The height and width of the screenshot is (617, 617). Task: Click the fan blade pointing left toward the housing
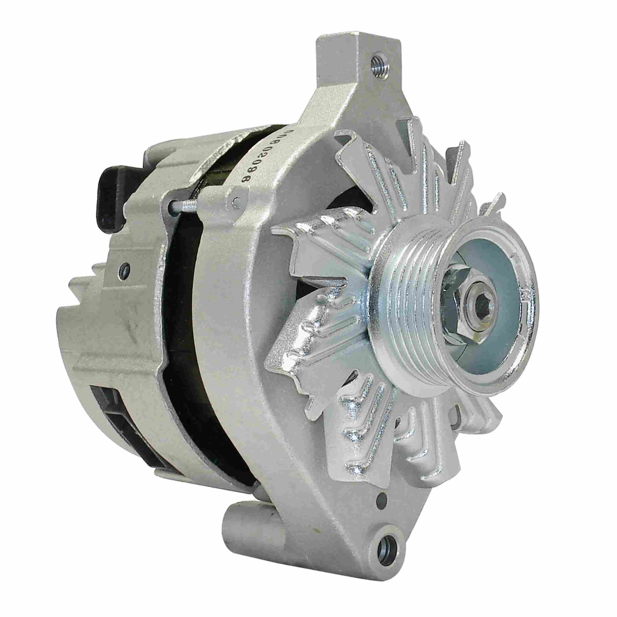pyautogui.click(x=307, y=262)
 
